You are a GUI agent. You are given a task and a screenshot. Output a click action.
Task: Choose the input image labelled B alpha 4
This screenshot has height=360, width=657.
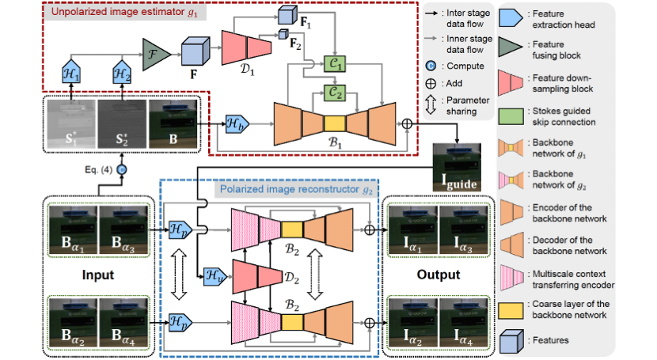click(x=121, y=323)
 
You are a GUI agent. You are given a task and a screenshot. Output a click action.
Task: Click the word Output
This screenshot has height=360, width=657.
click(x=438, y=275)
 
